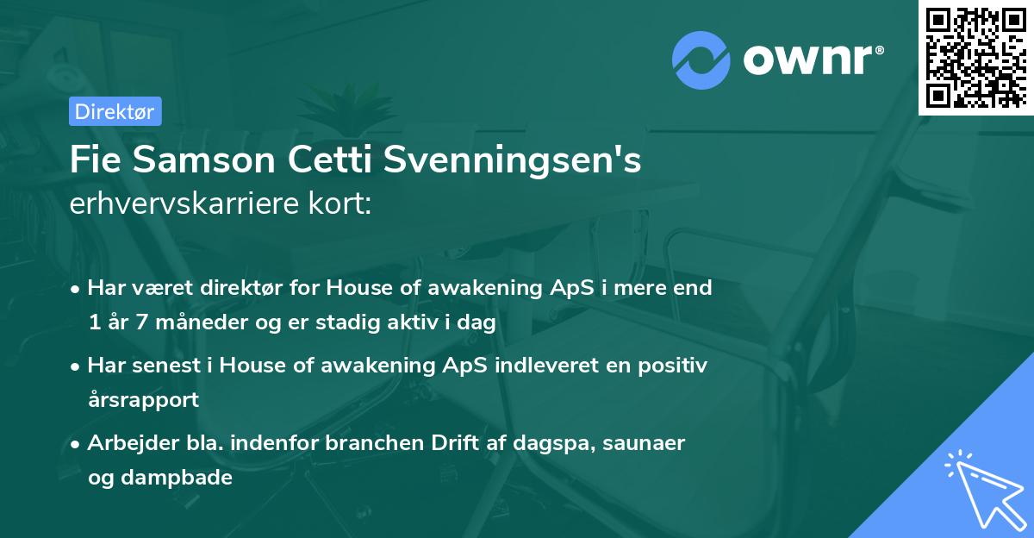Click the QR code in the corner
coord(977,57)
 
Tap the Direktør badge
coord(115,111)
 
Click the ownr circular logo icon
coord(701,60)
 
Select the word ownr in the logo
coord(812,60)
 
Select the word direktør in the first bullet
coord(225,288)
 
